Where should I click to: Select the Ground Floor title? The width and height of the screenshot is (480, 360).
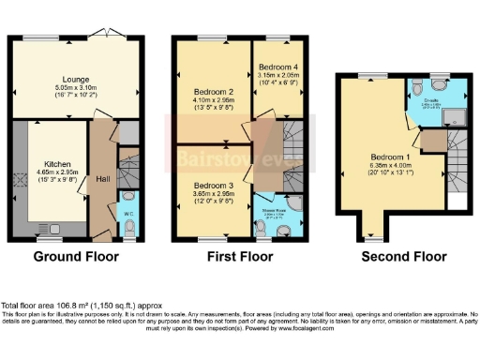77,254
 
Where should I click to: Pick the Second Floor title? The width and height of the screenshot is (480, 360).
393,254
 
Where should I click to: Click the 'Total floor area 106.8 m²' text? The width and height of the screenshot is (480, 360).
47,306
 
